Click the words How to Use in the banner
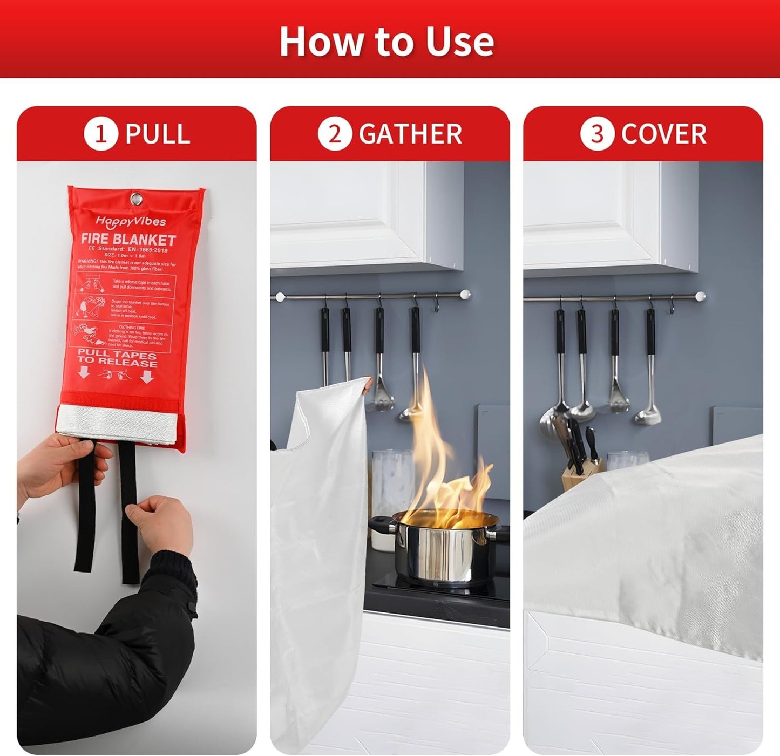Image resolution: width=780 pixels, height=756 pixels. [386, 42]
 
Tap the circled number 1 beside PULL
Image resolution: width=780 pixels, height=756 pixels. [101, 134]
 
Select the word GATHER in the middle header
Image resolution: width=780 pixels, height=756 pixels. [410, 134]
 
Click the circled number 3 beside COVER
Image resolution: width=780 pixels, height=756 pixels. [597, 134]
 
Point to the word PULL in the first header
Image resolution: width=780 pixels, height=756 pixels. [158, 134]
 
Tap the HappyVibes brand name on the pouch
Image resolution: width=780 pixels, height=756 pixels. [131, 221]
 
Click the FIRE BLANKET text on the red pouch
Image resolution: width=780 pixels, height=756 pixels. [128, 240]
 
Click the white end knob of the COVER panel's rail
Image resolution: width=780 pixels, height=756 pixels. [701, 296]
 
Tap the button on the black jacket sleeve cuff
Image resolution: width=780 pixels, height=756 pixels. [191, 608]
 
